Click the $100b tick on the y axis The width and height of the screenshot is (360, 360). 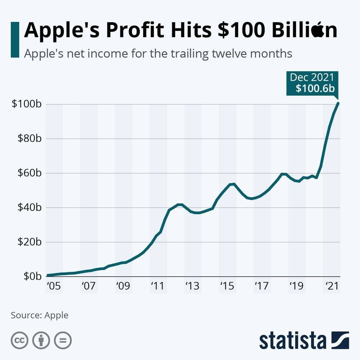click(26, 104)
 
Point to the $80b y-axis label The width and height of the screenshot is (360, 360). click(28, 138)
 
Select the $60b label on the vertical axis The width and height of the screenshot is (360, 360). click(28, 173)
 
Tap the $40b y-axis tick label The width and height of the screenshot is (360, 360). click(28, 207)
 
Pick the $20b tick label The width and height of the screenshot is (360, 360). click(28, 242)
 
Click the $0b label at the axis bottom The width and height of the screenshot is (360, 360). click(31, 276)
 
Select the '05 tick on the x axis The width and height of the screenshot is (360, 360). click(54, 286)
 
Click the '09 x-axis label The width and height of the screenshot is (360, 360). click(123, 286)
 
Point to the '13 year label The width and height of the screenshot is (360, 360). click(192, 286)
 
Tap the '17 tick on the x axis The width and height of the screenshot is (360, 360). click(262, 286)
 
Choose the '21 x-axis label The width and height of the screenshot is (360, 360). click(331, 286)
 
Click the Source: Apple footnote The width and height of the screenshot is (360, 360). click(39, 315)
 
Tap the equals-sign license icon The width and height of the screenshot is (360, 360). click(63, 341)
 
